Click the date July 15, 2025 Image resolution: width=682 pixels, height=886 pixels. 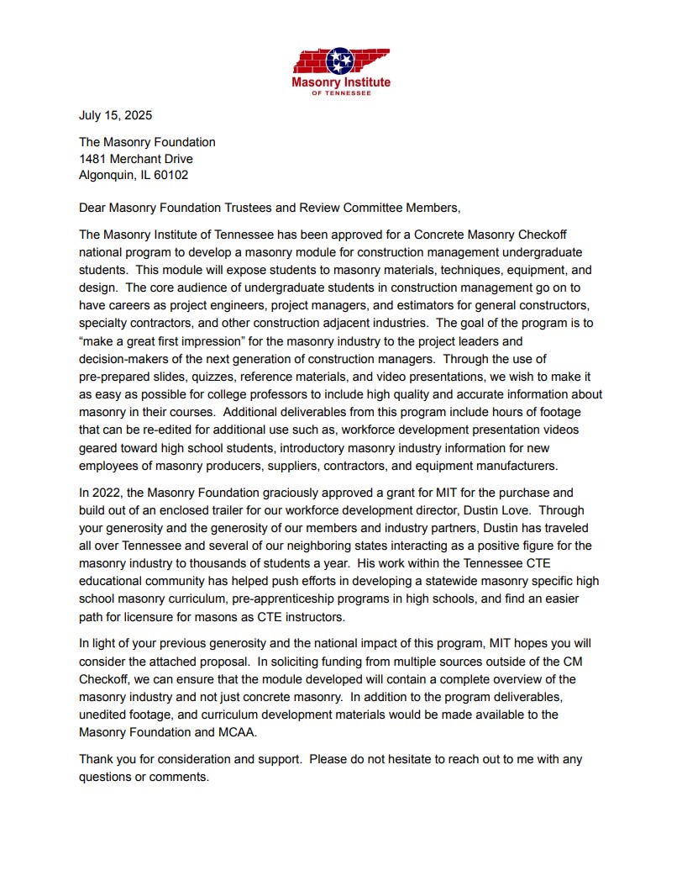tap(115, 115)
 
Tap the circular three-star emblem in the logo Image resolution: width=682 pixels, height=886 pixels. tap(340, 61)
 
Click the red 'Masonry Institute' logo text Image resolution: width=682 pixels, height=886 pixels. tap(340, 82)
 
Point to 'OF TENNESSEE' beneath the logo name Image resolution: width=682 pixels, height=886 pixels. tap(340, 93)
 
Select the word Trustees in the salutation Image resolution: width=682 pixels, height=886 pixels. tap(249, 208)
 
